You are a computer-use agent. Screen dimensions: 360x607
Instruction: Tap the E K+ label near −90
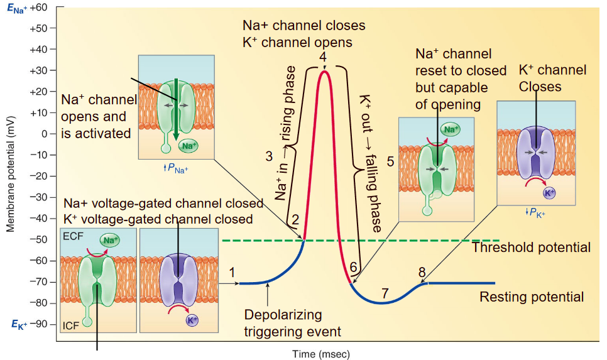pos(17,324)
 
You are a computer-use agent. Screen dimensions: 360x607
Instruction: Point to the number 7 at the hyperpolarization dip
pos(385,293)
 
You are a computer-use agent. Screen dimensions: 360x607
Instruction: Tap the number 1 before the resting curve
pos(233,272)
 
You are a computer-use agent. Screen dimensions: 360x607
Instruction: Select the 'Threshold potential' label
pos(531,248)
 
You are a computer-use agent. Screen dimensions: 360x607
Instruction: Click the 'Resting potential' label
pos(532,297)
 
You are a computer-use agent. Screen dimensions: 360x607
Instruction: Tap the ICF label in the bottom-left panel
pos(71,325)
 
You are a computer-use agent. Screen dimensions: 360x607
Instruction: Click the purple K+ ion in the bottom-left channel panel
pos(192,320)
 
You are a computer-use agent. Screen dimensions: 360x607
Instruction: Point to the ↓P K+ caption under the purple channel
pos(535,213)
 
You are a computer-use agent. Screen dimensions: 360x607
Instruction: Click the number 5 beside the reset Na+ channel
pos(390,161)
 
